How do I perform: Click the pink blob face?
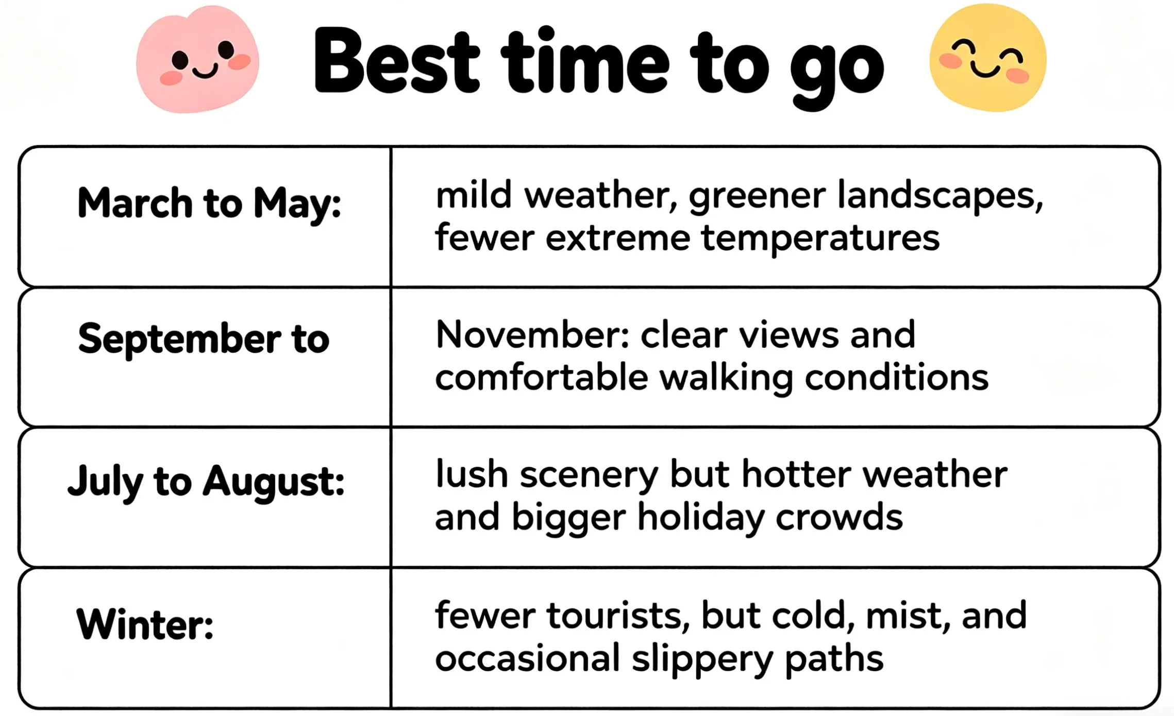(x=197, y=60)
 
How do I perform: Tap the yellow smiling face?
(x=988, y=58)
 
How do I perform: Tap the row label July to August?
(x=206, y=481)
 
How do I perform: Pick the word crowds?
(x=839, y=517)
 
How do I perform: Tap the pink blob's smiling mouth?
(x=205, y=72)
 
